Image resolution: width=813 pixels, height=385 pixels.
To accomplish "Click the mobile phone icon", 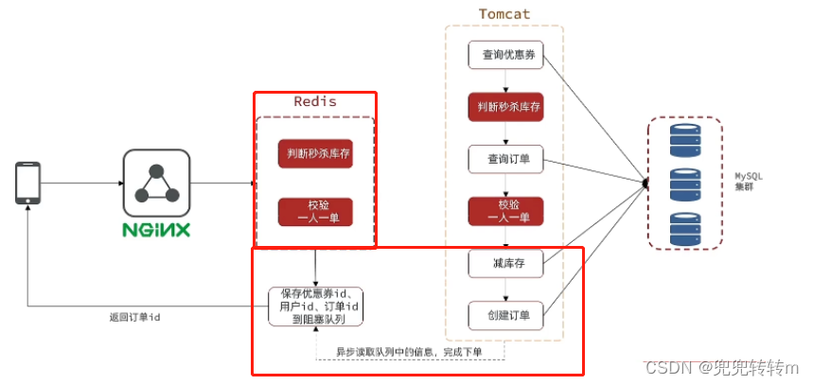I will [27, 183].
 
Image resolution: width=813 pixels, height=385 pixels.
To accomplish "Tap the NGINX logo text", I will [156, 230].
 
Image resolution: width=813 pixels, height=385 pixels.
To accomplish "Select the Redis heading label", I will [314, 101].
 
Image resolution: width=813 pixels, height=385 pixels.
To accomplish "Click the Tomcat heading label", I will [504, 14].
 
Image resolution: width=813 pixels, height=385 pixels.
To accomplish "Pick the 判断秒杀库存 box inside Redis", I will [315, 153].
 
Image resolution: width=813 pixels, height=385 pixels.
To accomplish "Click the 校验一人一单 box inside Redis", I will [315, 211].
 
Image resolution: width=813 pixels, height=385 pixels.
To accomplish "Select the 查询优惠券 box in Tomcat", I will [506, 55].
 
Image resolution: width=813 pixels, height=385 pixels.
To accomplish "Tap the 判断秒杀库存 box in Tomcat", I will [506, 107].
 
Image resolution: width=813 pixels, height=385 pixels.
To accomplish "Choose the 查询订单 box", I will [506, 159].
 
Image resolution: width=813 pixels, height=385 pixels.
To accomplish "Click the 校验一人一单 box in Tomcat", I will [506, 211].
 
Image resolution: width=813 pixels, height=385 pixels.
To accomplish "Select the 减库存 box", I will [506, 263].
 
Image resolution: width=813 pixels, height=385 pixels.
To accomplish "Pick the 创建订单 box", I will [506, 315].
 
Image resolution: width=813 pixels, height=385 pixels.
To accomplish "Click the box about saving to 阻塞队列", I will [315, 306].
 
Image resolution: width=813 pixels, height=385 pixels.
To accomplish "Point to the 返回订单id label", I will [134, 317].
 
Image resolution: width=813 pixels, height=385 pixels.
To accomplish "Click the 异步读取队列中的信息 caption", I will [409, 352].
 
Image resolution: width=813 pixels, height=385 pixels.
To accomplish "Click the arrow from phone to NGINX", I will [80, 183].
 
